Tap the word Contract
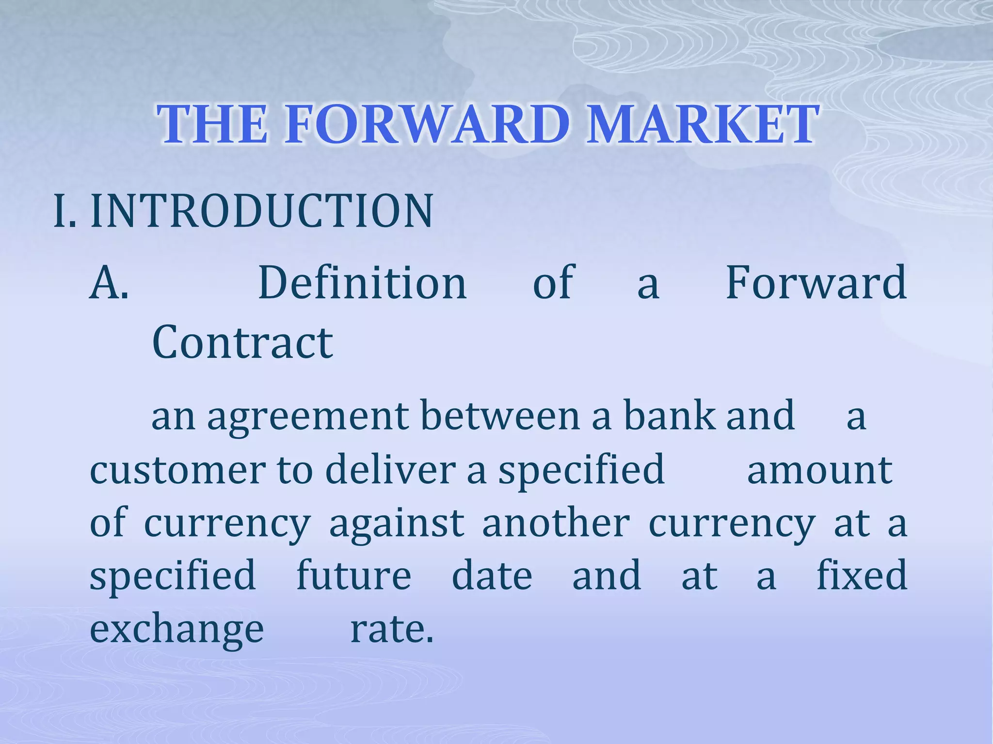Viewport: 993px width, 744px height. click(x=242, y=342)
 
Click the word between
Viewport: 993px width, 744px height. click(x=500, y=416)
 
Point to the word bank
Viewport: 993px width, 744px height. click(x=669, y=416)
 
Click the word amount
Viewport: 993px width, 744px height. click(x=819, y=470)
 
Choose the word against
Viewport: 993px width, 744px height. click(x=397, y=524)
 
